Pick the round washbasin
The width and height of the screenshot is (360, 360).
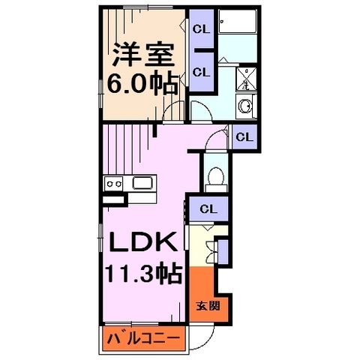(245, 106)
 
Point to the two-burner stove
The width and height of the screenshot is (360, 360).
(113, 182)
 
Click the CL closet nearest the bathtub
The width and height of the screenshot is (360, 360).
(200, 29)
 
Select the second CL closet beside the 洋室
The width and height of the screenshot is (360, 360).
(200, 72)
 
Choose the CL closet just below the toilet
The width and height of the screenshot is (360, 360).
(208, 208)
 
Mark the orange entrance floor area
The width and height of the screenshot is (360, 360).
(199, 289)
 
